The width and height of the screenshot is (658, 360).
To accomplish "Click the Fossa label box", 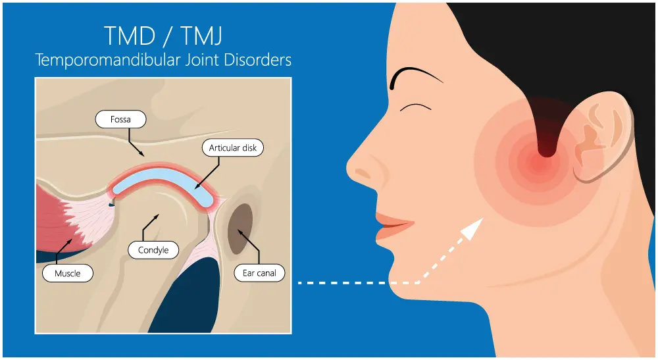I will pyautogui.click(x=121, y=120).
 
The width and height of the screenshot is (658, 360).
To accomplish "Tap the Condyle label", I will pyautogui.click(x=153, y=250).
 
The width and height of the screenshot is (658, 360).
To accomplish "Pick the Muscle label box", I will pyautogui.click(x=68, y=272).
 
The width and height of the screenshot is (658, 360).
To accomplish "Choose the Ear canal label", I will pyautogui.click(x=260, y=272).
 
